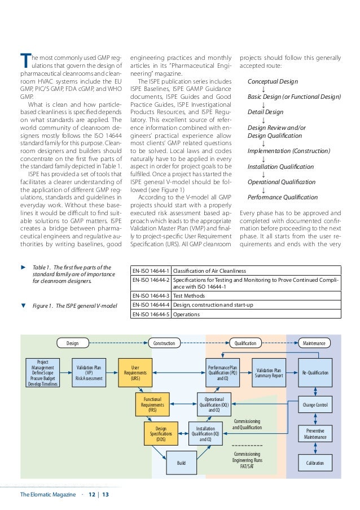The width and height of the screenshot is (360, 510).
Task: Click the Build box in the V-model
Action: coord(181,463)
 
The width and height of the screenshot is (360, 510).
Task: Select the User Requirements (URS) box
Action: coord(135,373)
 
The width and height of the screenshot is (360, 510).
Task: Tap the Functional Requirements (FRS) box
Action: coord(152,405)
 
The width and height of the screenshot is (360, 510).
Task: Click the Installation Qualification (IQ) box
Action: coord(205,433)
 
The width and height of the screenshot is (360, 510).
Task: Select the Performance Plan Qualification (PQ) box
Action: coord(222,373)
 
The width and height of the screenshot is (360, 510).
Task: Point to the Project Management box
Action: coord(42,373)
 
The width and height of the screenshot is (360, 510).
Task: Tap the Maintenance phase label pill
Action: coord(314,343)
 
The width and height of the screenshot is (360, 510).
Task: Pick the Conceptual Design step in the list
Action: coord(274,82)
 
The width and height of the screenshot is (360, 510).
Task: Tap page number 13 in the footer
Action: coord(105,495)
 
